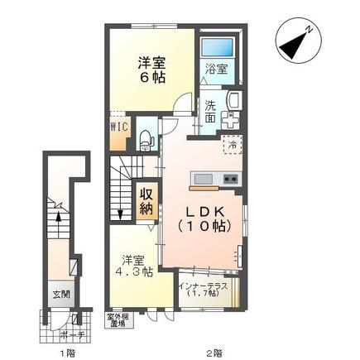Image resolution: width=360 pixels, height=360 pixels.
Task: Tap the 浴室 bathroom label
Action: pyautogui.click(x=215, y=71)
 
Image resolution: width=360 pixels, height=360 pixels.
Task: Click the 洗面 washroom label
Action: pyautogui.click(x=211, y=111)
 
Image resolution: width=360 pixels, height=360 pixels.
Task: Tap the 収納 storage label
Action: pyautogui.click(x=146, y=201)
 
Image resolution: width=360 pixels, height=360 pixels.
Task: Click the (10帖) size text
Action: pyautogui.click(x=207, y=224)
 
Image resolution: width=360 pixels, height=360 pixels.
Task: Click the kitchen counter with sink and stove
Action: pyautogui.click(x=215, y=180)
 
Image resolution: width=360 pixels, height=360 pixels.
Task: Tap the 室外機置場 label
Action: pyautogui.click(x=115, y=320)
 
